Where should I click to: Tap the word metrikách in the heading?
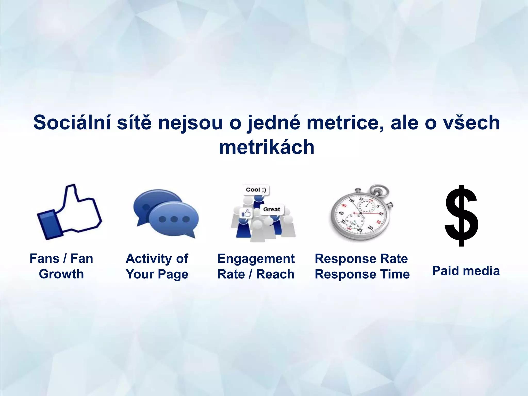(x=267, y=147)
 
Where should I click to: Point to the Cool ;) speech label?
(x=256, y=190)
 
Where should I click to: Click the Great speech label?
(x=271, y=209)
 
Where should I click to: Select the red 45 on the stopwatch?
(x=344, y=205)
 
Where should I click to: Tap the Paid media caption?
(x=466, y=271)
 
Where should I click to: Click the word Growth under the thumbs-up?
(x=61, y=274)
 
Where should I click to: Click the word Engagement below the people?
(x=256, y=259)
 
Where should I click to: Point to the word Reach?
(x=275, y=274)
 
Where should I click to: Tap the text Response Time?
(x=362, y=274)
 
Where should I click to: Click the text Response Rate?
(x=361, y=259)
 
